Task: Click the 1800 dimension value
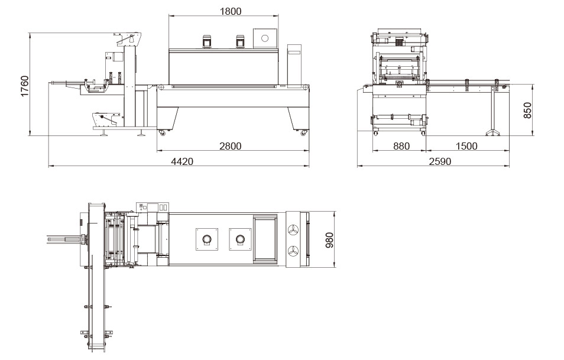click(230, 11)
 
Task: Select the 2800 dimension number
click(230, 145)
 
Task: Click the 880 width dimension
click(401, 146)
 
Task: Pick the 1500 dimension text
click(466, 146)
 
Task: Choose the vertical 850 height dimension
click(527, 110)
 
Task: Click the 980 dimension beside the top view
click(329, 239)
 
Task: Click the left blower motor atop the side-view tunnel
click(207, 41)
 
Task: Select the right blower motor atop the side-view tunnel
click(240, 41)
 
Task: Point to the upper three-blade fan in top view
click(293, 229)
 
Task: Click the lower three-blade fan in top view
click(293, 251)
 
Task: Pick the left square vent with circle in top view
click(207, 239)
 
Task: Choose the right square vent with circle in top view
click(240, 239)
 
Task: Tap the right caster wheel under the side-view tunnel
click(304, 133)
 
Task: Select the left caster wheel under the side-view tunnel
click(161, 133)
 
